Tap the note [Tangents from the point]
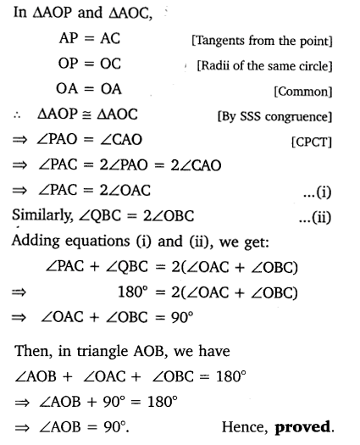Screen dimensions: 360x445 280,41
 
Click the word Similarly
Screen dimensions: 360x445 43,218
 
